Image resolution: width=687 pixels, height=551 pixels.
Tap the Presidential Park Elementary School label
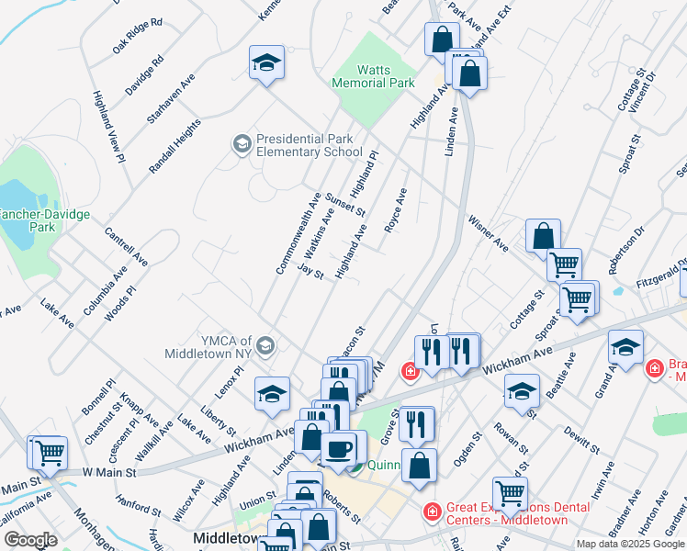[x=309, y=145]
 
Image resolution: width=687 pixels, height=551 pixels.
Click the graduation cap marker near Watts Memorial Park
[x=266, y=63]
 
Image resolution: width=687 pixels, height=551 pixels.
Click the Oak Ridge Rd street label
[x=137, y=35]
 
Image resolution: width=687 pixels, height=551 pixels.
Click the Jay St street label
[x=311, y=272]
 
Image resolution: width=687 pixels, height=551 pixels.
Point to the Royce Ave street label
[x=396, y=210]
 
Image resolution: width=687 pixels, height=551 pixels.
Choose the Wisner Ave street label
[x=488, y=234]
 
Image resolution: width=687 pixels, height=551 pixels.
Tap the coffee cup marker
[x=339, y=449]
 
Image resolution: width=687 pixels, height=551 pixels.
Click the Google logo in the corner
[x=30, y=540]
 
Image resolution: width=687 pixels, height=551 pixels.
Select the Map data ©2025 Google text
[x=629, y=544]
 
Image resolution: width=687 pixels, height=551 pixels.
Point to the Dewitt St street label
[x=581, y=440]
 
